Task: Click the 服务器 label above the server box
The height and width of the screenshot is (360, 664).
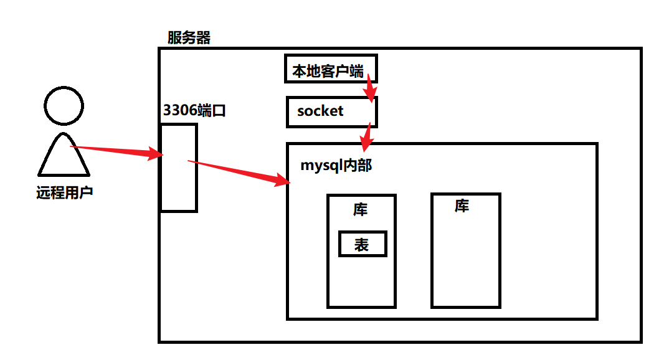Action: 189,38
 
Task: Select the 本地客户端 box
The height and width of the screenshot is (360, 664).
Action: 331,69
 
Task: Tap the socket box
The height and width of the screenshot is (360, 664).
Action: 332,112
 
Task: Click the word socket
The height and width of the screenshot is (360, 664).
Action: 320,111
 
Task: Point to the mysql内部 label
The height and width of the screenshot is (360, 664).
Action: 336,166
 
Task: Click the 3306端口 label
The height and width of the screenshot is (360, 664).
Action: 194,111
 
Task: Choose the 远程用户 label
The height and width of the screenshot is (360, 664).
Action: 64,192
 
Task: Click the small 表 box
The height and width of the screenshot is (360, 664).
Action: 363,244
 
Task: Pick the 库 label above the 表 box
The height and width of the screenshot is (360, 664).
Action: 361,209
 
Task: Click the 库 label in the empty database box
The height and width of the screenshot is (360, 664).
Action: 462,206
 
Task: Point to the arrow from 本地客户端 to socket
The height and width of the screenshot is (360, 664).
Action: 370,88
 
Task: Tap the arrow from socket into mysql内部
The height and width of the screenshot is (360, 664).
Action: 368,136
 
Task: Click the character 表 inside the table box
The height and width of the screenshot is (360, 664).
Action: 362,245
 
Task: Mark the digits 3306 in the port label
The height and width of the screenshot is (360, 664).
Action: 179,111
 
